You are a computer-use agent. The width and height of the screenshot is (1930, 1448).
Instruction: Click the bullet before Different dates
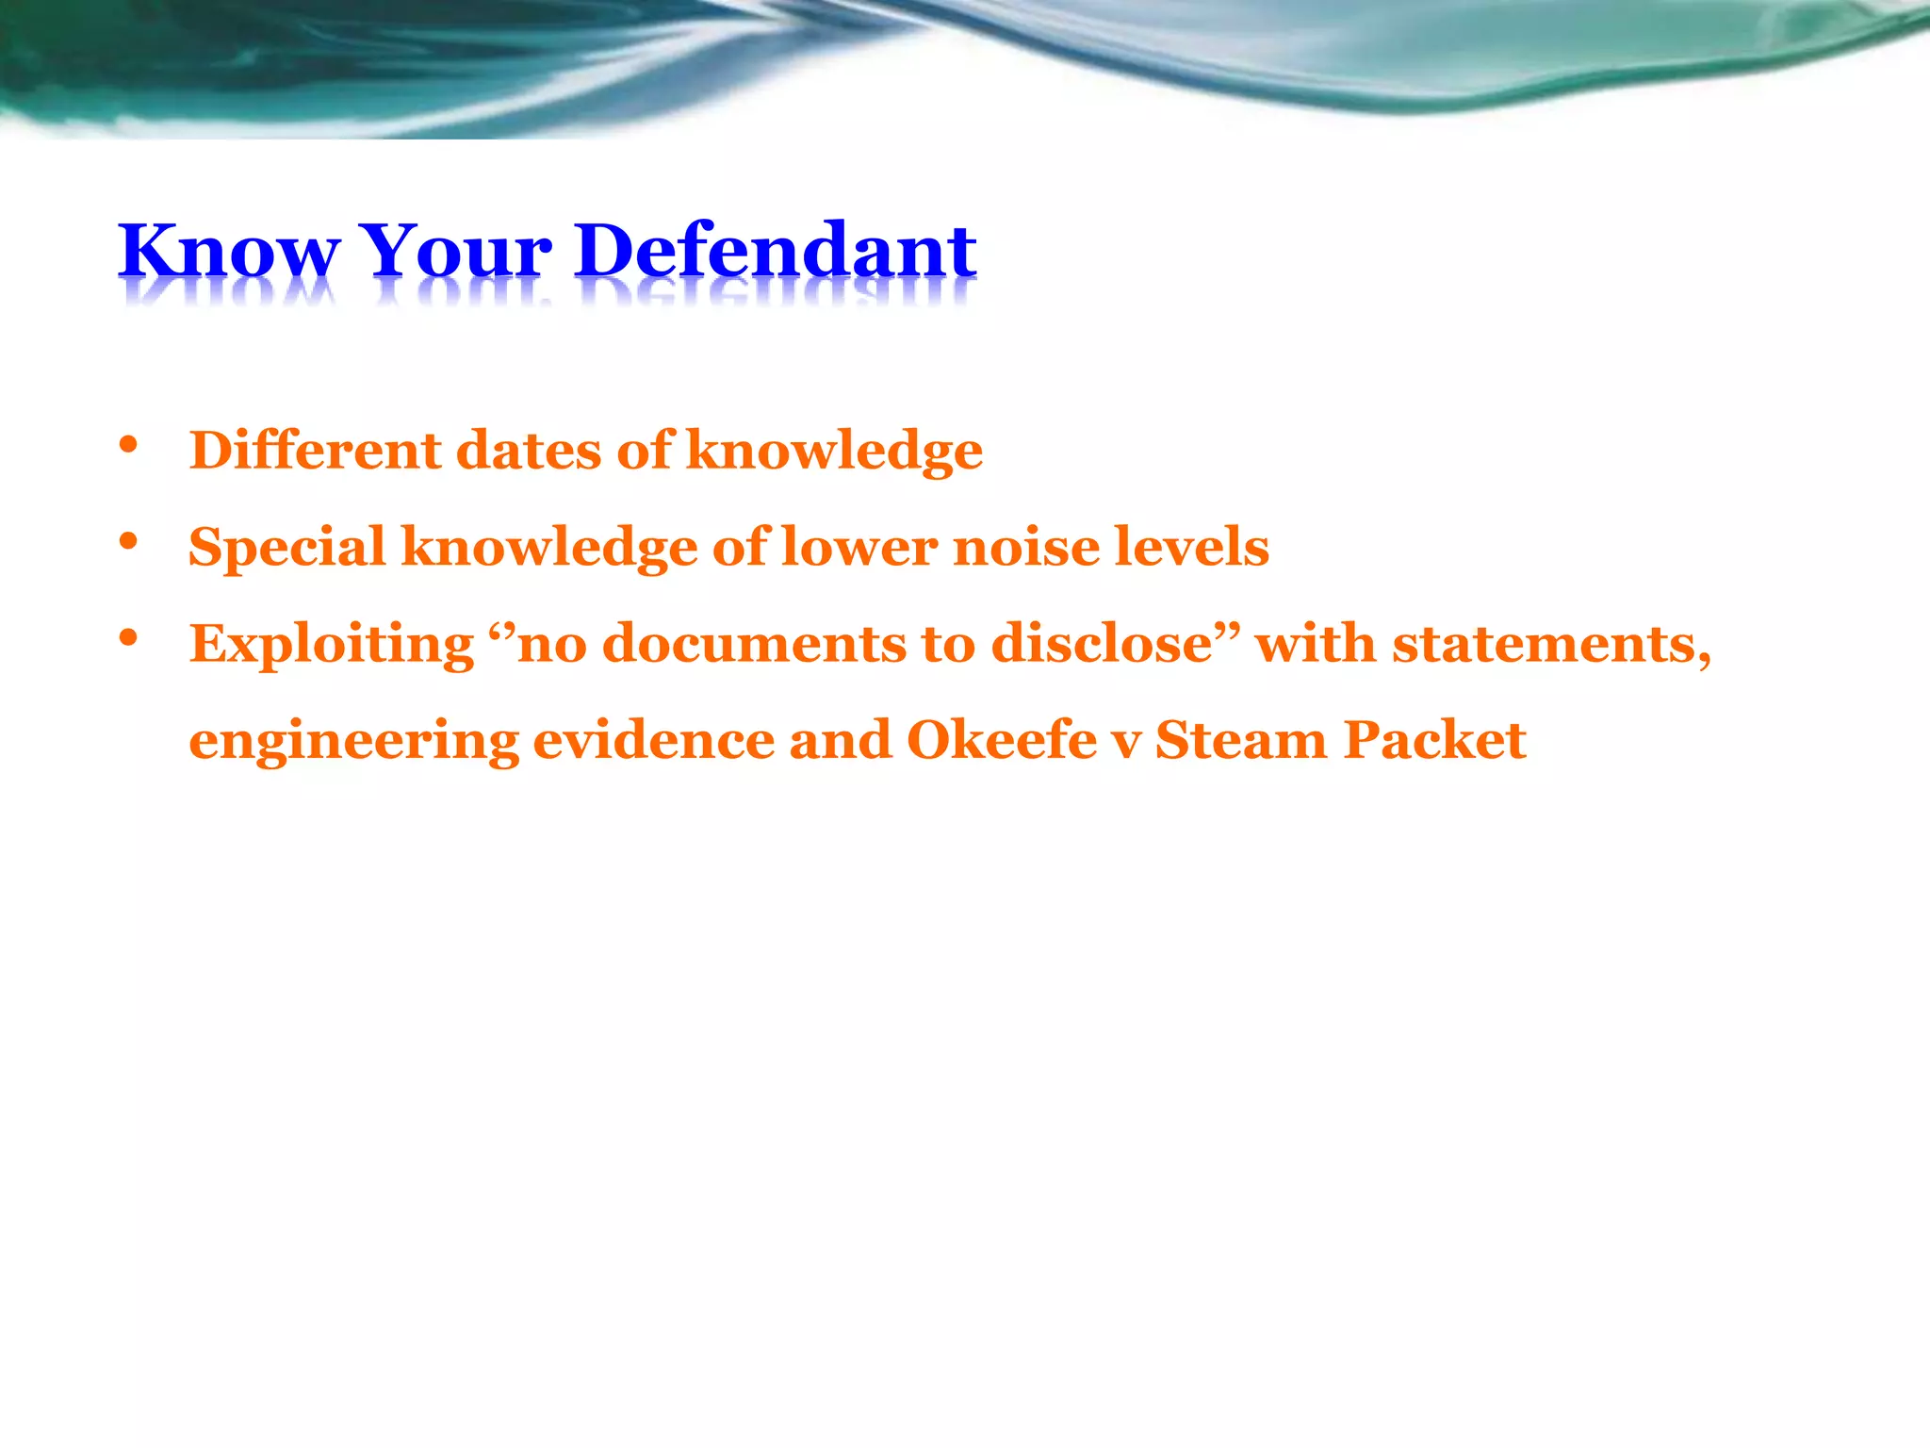click(129, 445)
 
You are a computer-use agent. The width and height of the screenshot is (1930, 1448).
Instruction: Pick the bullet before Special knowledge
click(129, 542)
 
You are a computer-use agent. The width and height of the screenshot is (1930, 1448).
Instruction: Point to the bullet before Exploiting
click(129, 638)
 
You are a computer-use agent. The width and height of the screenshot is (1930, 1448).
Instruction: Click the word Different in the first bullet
click(315, 450)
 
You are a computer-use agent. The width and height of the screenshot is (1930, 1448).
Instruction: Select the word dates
click(528, 450)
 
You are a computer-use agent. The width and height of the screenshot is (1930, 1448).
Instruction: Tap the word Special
click(287, 547)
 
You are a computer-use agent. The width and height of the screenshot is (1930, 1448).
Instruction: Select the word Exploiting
click(332, 645)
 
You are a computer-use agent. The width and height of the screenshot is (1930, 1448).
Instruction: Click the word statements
click(1550, 645)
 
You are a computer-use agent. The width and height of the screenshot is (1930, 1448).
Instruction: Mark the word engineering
click(353, 742)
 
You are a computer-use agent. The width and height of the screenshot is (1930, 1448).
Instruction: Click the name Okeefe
click(1001, 740)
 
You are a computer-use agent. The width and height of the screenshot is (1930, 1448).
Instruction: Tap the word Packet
click(1434, 740)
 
